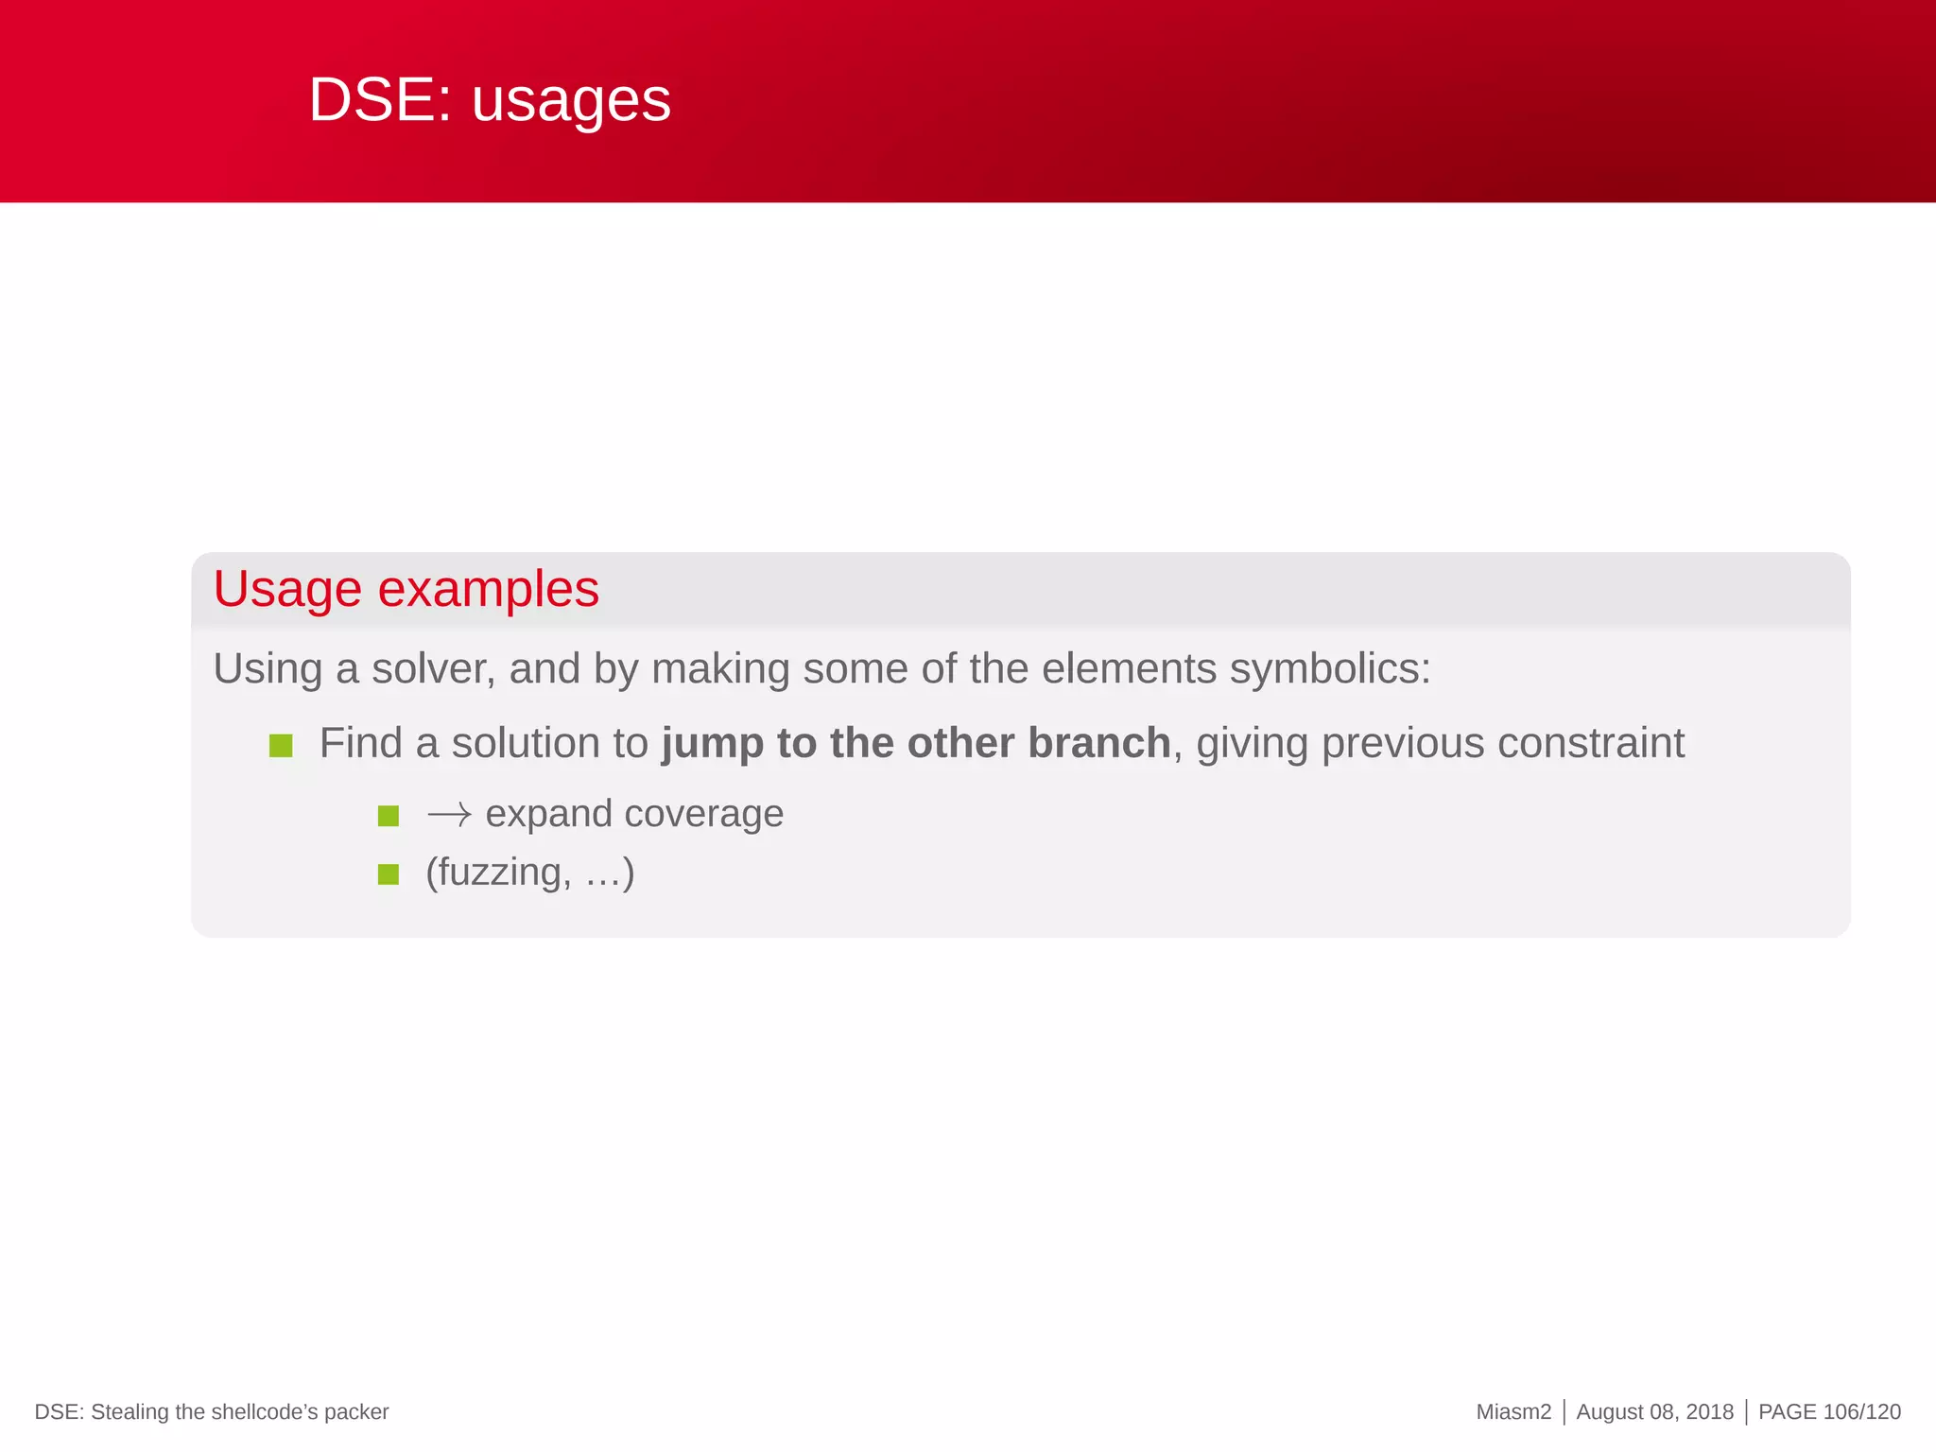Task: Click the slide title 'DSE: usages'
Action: tap(490, 99)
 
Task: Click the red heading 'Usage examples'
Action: tap(406, 589)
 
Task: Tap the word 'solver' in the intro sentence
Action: tap(433, 669)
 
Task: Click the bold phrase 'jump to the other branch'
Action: tap(915, 743)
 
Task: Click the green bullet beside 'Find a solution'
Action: tap(281, 746)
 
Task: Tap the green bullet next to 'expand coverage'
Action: tap(389, 816)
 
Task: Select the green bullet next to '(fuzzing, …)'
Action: tap(389, 874)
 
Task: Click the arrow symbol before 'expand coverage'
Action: tap(449, 815)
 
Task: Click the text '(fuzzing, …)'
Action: tap(529, 872)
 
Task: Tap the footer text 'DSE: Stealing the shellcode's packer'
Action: tap(212, 1411)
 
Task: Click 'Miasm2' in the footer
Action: tap(1512, 1411)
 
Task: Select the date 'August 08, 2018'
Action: tap(1654, 1411)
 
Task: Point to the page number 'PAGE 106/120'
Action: tap(1828, 1411)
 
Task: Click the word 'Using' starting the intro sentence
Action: tap(268, 669)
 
